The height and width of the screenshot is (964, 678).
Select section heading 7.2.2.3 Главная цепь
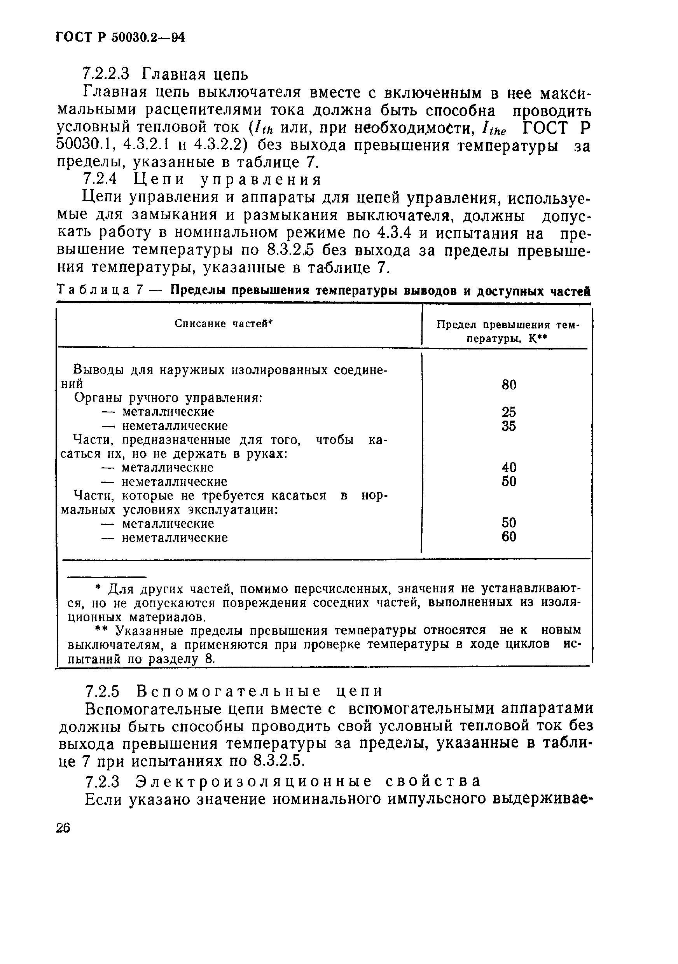click(x=165, y=74)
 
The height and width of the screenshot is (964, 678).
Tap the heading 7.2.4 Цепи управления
click(x=203, y=180)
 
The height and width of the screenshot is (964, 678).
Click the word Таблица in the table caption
click(x=93, y=290)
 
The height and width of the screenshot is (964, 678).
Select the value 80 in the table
click(x=509, y=384)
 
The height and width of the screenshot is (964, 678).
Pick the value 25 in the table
click(x=509, y=412)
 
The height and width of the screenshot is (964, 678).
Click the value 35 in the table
click(x=509, y=426)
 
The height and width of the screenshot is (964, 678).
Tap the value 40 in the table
click(x=509, y=467)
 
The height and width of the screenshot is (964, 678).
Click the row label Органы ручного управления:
click(x=168, y=398)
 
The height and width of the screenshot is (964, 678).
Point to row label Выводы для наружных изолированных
click(x=230, y=370)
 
